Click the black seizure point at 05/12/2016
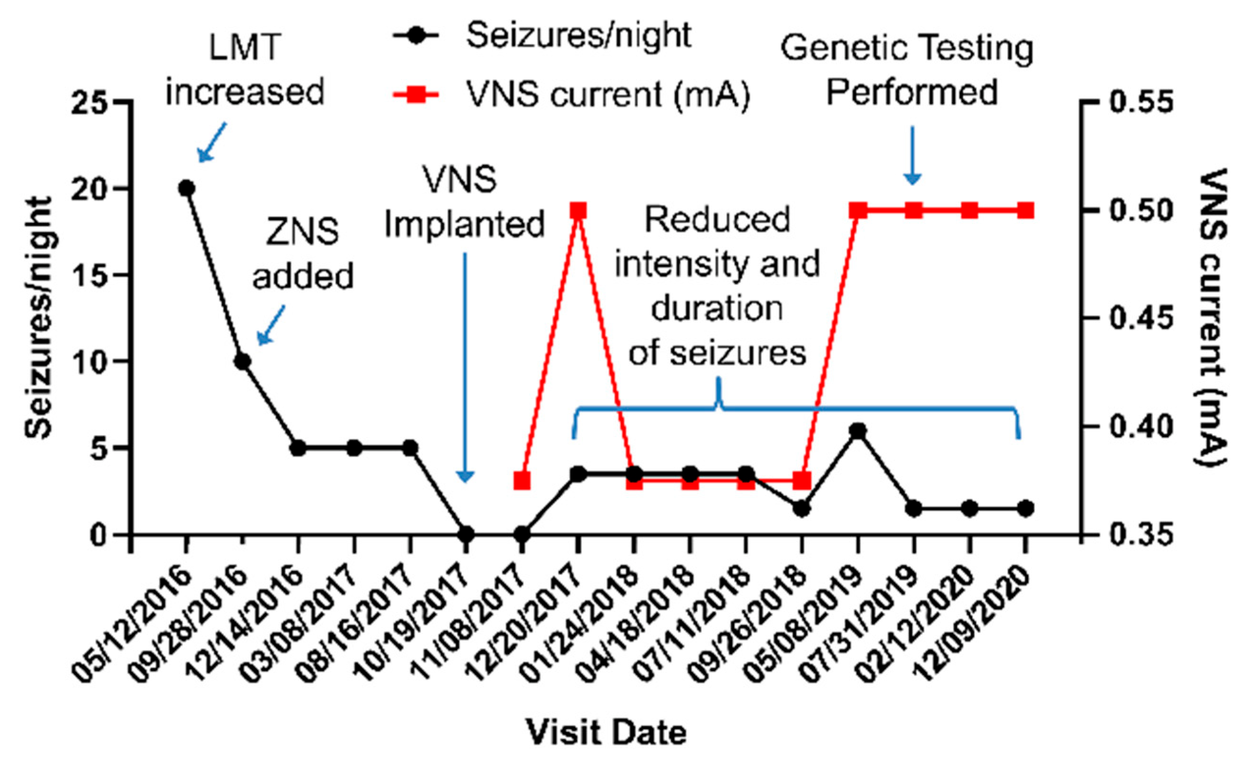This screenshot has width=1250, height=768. click(x=186, y=188)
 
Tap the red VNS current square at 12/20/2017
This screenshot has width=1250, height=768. click(x=578, y=210)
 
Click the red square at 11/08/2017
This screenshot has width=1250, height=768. click(x=522, y=480)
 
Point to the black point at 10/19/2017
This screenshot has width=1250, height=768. click(x=466, y=535)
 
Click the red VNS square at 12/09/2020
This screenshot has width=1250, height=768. click(x=1026, y=210)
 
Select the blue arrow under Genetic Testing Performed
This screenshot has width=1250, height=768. click(x=913, y=156)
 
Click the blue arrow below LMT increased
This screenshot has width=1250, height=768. click(x=211, y=142)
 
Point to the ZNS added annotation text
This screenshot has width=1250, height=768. click(x=303, y=254)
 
